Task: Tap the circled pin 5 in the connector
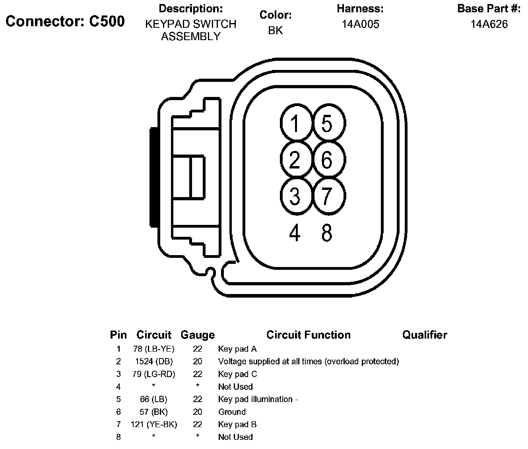(x=328, y=124)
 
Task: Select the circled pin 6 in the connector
(x=328, y=160)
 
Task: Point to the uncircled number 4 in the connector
(x=295, y=233)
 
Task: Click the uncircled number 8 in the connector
(x=327, y=233)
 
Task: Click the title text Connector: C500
(x=65, y=21)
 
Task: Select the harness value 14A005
(x=360, y=24)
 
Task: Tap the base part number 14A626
(x=489, y=24)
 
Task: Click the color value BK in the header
(x=276, y=31)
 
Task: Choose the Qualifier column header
(x=425, y=335)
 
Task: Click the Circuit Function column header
(x=309, y=335)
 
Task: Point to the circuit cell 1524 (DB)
(x=154, y=362)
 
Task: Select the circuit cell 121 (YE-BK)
(x=154, y=424)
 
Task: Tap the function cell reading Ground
(x=232, y=412)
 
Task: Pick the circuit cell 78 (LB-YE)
(x=154, y=349)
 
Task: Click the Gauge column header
(x=198, y=335)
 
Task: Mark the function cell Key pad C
(x=237, y=374)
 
